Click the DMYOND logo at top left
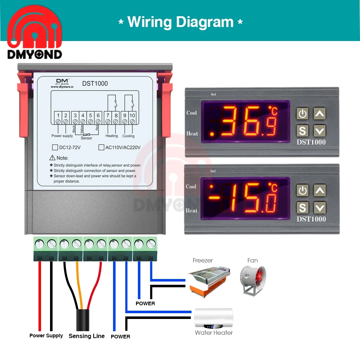click(x=35, y=32)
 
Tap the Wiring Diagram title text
click(x=180, y=22)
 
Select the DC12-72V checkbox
click(x=55, y=147)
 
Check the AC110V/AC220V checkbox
click(x=101, y=147)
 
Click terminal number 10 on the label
click(x=132, y=115)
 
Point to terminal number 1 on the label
click(x=58, y=115)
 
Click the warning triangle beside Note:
click(x=52, y=158)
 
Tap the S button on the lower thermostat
click(x=302, y=208)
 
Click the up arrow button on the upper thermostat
click(x=320, y=113)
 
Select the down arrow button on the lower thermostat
click(x=320, y=208)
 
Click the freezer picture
click(x=208, y=282)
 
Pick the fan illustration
click(x=253, y=280)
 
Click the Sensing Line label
click(x=86, y=336)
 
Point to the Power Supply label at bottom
click(x=46, y=336)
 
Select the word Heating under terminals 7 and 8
click(x=112, y=136)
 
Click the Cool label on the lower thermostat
click(x=191, y=186)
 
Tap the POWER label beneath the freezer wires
click(x=145, y=303)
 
